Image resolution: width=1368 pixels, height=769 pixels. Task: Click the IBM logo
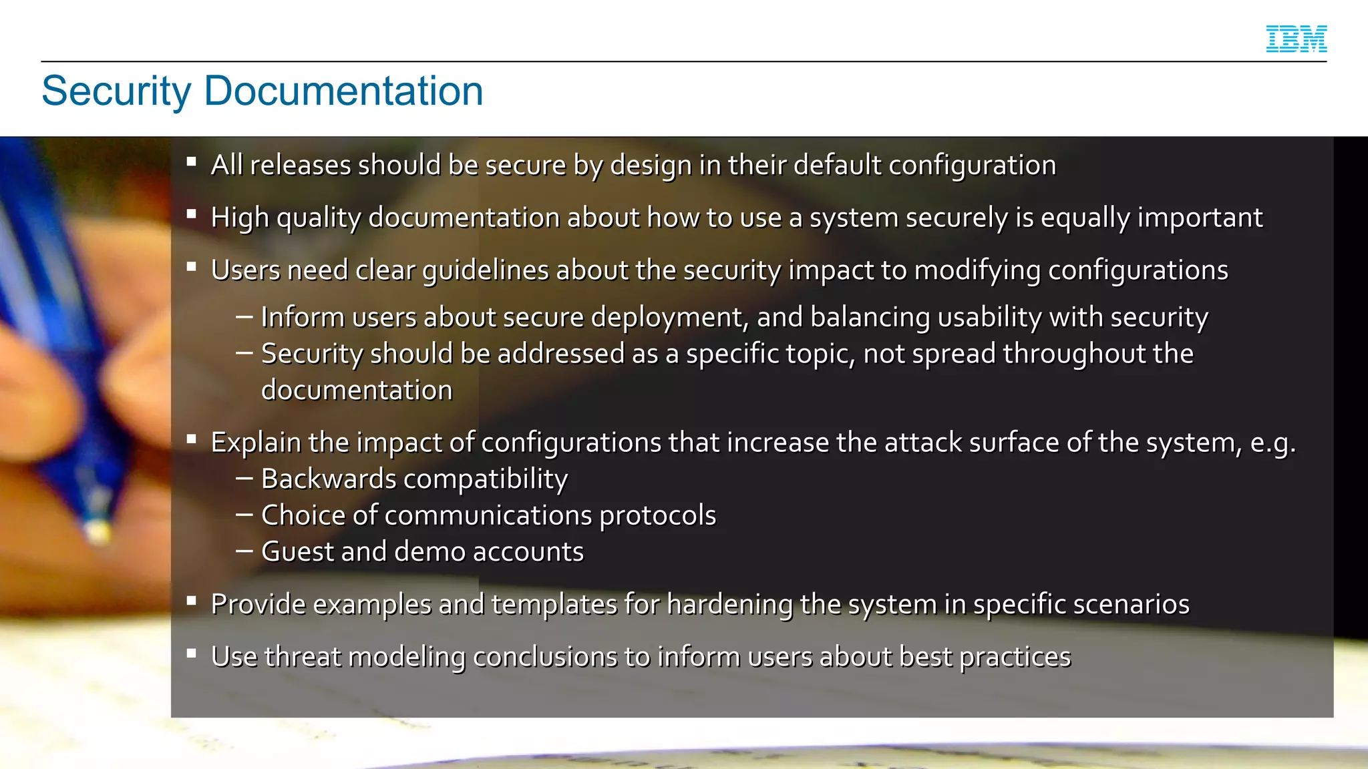[x=1296, y=39]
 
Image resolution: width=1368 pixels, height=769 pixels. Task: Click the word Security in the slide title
[x=116, y=91]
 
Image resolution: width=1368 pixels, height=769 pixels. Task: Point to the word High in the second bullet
[x=240, y=218]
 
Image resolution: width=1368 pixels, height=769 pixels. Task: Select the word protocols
[x=657, y=516]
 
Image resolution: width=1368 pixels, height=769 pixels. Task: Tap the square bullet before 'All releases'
[x=192, y=162]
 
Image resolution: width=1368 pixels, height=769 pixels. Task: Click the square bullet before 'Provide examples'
[x=192, y=601]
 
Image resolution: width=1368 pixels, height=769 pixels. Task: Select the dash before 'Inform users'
[x=244, y=317]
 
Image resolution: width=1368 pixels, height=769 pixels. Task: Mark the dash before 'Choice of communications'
[x=244, y=515]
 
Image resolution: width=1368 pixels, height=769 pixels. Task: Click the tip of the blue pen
[x=99, y=532]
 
